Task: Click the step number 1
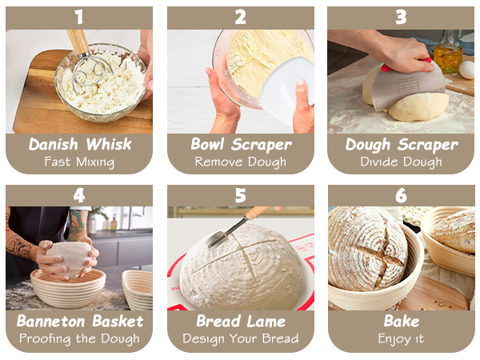click(78, 16)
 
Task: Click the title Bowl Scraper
click(241, 145)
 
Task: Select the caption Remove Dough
click(241, 162)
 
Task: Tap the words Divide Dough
click(401, 162)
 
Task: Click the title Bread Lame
click(241, 322)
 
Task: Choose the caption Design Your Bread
click(241, 338)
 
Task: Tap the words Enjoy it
click(401, 338)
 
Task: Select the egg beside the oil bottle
click(467, 70)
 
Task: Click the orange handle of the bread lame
click(258, 214)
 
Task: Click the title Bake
click(401, 322)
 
